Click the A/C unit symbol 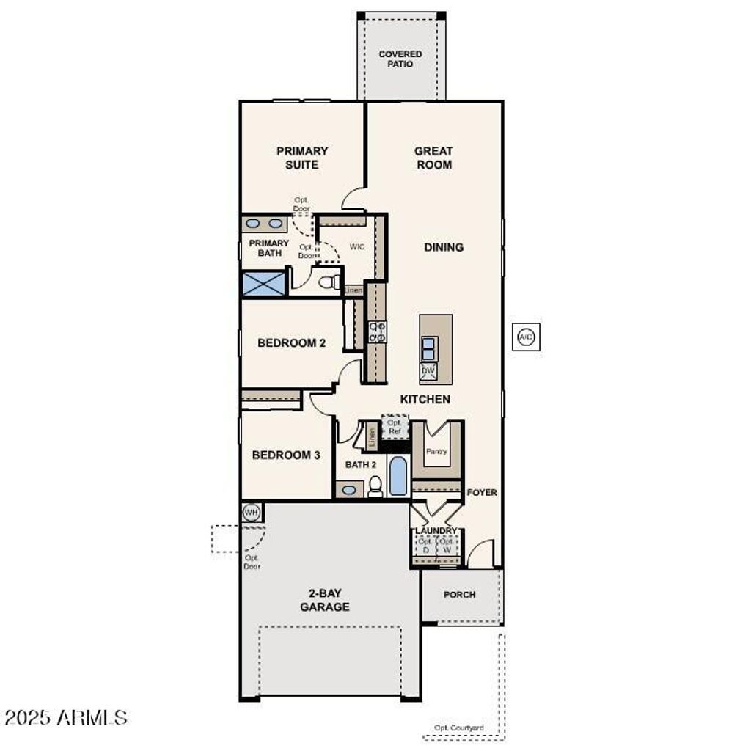click(x=526, y=337)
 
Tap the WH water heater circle click(x=252, y=512)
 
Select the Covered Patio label click(x=400, y=59)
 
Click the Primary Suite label click(x=302, y=158)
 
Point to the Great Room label click(x=433, y=158)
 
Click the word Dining click(x=444, y=247)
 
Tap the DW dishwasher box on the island click(x=429, y=373)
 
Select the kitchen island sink click(x=429, y=348)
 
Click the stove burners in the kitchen click(x=378, y=332)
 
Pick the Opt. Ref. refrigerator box click(x=395, y=427)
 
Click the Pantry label click(x=436, y=451)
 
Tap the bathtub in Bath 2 click(x=398, y=476)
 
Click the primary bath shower click(x=263, y=284)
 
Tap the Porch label click(x=459, y=595)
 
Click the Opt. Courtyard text click(x=459, y=728)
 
